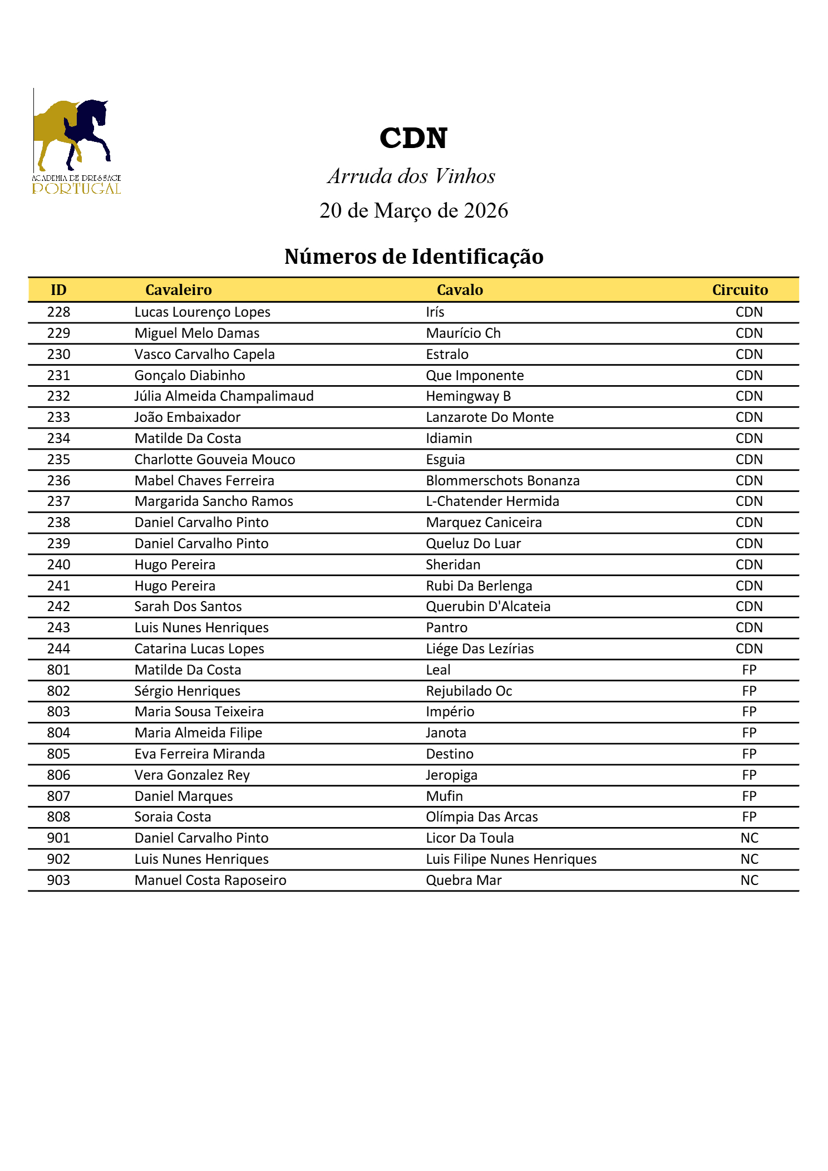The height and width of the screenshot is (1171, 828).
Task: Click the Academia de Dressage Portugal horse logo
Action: tap(76, 142)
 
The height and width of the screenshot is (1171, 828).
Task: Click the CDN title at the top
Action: tap(413, 138)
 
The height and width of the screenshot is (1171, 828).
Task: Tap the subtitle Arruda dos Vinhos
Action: tap(411, 176)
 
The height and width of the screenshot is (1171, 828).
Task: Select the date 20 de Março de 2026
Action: tap(413, 210)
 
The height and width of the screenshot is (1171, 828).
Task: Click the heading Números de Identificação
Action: tap(413, 257)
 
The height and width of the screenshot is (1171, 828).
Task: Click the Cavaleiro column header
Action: tap(179, 290)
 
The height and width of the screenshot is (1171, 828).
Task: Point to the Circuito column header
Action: tap(740, 290)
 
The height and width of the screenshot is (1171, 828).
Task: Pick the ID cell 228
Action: tap(58, 312)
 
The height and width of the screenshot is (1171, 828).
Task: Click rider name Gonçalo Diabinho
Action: tap(190, 376)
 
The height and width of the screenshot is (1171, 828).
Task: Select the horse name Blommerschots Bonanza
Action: tap(502, 481)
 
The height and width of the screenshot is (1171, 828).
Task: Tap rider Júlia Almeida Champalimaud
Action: tap(224, 396)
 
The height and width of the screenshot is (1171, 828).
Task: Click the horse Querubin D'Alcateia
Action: tap(488, 607)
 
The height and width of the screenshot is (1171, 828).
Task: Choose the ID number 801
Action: tap(58, 670)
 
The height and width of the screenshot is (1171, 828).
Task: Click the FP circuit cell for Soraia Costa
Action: tap(749, 817)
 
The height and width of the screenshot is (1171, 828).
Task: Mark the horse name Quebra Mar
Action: tap(464, 880)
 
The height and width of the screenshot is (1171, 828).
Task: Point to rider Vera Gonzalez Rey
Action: tap(192, 775)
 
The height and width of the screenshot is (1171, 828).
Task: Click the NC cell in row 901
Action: tap(749, 838)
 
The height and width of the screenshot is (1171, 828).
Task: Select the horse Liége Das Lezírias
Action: tap(480, 649)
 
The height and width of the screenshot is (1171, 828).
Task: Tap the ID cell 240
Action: tap(58, 565)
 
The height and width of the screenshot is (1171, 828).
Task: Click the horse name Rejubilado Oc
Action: tap(469, 691)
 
